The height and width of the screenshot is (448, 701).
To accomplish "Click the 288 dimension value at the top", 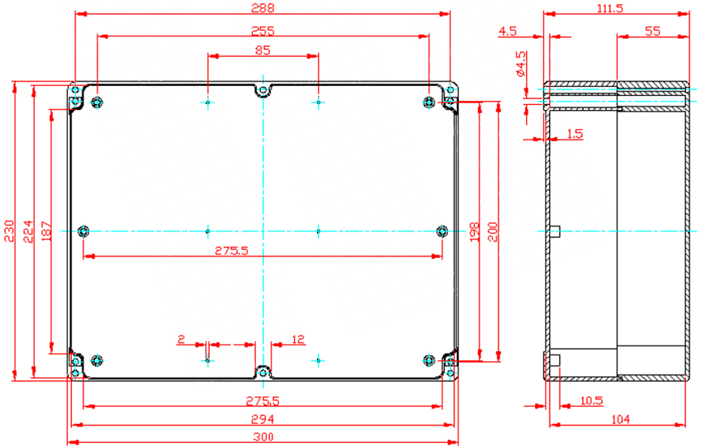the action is point(263,8).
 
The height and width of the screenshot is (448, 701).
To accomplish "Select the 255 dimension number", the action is point(263,31).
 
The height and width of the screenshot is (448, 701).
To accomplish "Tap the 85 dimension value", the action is point(263,50).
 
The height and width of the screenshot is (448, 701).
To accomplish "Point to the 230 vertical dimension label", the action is point(9,231).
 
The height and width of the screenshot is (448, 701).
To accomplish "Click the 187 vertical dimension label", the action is point(46,231).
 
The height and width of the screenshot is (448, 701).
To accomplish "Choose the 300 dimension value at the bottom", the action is point(263,436).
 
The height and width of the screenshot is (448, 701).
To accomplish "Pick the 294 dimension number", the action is point(263,419).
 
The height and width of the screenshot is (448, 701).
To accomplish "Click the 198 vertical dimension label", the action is point(474,231).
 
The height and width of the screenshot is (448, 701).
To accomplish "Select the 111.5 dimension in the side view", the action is point(610,8).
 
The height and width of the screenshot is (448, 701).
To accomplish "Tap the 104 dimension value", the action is point(620,419).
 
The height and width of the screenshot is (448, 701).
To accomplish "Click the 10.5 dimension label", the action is point(591,401).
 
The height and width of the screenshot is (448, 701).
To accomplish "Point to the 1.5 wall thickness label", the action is point(575,133).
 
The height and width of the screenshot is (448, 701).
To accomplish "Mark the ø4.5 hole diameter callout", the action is point(521,64).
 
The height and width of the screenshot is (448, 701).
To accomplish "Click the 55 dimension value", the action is point(653,31).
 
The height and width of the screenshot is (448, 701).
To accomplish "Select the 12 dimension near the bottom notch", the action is point(297,339).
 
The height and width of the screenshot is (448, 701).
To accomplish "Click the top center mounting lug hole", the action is point(263,91).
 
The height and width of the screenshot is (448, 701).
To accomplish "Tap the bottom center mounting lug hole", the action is point(263,372).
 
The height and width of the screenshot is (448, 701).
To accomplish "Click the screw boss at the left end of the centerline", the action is point(83,231).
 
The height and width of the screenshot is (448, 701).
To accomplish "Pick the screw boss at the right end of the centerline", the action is point(442,231).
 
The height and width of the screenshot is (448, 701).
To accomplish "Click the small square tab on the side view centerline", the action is point(555,231).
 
